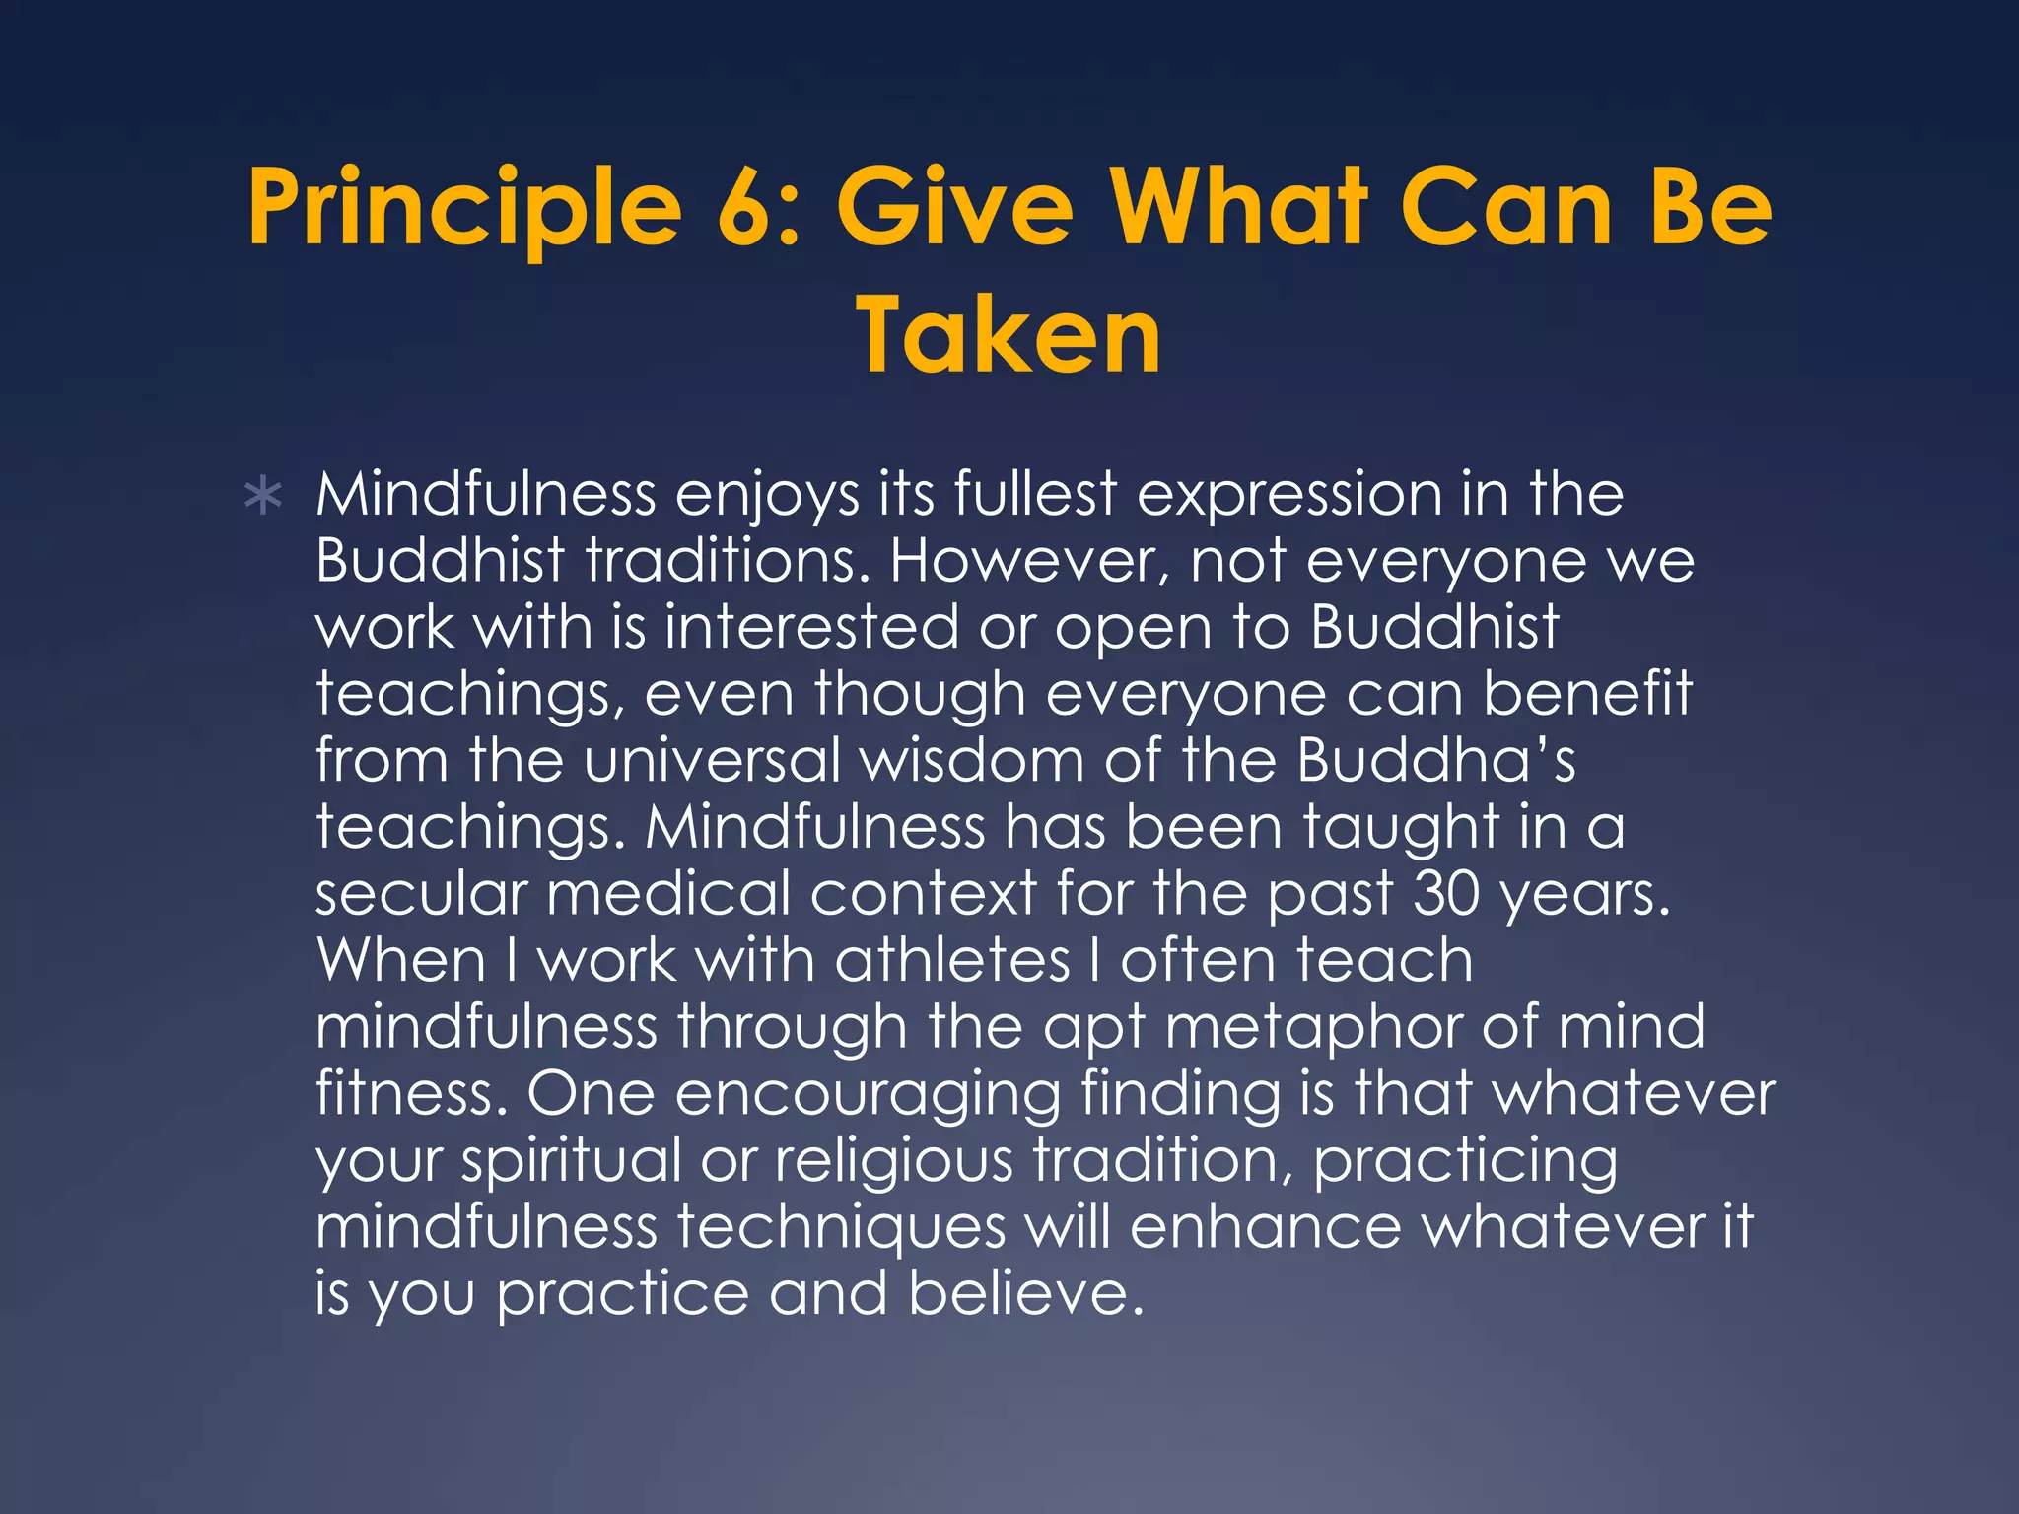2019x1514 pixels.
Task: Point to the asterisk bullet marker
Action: pos(263,498)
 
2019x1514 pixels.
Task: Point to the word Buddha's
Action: pos(1435,761)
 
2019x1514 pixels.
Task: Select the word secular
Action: pos(421,894)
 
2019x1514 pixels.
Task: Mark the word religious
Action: pos(893,1162)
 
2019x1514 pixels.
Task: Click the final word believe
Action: pos(1025,1293)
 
